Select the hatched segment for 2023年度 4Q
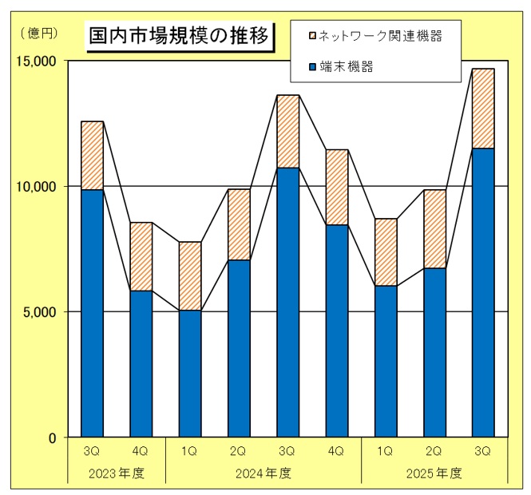pyautogui.click(x=141, y=256)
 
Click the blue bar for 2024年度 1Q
pyautogui.click(x=190, y=374)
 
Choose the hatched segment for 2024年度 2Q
pyautogui.click(x=239, y=224)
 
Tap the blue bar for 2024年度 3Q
pyautogui.click(x=287, y=303)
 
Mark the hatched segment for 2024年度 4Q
pyautogui.click(x=336, y=187)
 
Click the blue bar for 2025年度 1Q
pyautogui.click(x=386, y=362)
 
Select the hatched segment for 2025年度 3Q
pyautogui.click(x=483, y=109)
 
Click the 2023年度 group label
pyautogui.click(x=117, y=473)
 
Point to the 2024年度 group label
pyautogui.click(x=264, y=473)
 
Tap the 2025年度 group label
pyautogui.click(x=434, y=473)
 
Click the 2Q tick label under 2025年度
pyautogui.click(x=434, y=451)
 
